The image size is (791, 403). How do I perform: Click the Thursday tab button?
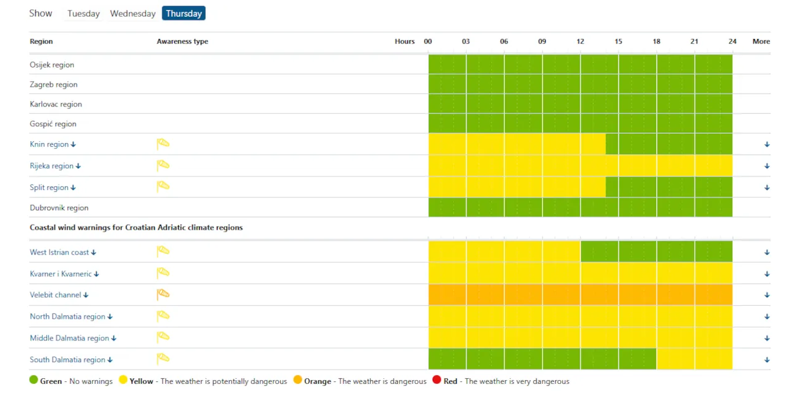tap(184, 14)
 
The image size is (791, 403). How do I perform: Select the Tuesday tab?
tap(83, 14)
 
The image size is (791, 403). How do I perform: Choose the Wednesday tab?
tap(133, 14)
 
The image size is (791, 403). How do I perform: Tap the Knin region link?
tap(53, 144)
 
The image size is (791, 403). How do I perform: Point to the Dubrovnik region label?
tap(59, 208)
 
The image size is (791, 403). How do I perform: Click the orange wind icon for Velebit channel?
tap(163, 295)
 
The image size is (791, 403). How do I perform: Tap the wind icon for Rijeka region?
tap(163, 165)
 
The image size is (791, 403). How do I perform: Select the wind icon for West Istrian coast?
tap(163, 251)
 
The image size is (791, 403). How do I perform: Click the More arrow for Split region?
tap(767, 188)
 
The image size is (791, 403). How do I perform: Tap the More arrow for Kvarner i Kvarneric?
tap(767, 274)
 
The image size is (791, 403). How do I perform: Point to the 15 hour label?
tap(618, 41)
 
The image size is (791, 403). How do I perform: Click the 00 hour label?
tap(428, 41)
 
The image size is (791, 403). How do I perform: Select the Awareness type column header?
tap(182, 41)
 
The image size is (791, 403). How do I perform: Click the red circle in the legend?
tap(437, 380)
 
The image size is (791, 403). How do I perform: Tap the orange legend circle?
tap(298, 380)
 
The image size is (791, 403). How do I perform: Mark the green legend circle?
tap(33, 380)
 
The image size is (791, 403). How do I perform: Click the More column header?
tap(761, 41)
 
